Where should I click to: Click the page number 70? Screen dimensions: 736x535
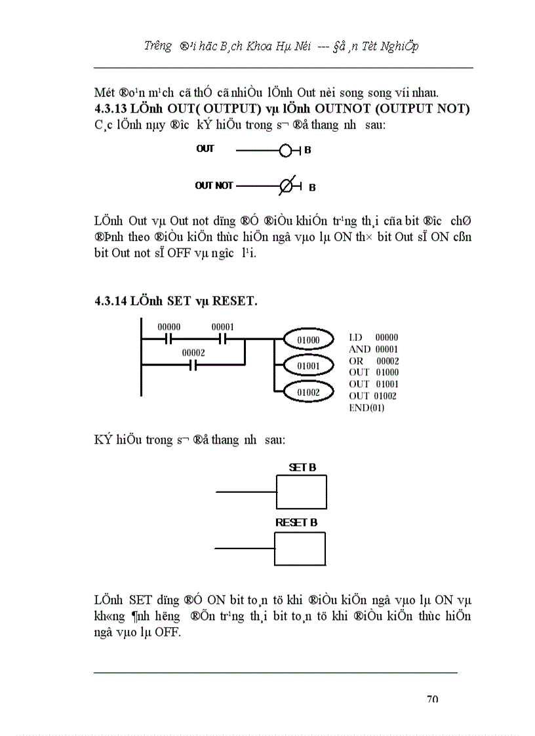pyautogui.click(x=432, y=699)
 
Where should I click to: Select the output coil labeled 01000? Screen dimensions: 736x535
pyautogui.click(x=308, y=339)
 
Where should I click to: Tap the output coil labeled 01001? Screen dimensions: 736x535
pyautogui.click(x=308, y=364)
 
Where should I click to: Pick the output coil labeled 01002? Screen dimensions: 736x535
pyautogui.click(x=308, y=391)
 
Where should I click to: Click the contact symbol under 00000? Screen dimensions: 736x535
pyautogui.click(x=168, y=339)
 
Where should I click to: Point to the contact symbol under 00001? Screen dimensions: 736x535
pyautogui.click(x=222, y=339)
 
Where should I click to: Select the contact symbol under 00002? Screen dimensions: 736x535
pyautogui.click(x=193, y=365)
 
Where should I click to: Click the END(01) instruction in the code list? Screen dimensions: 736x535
pyautogui.click(x=367, y=408)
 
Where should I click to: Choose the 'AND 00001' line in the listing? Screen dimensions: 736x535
pyautogui.click(x=373, y=349)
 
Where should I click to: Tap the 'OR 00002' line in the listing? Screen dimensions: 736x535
pyautogui.click(x=373, y=361)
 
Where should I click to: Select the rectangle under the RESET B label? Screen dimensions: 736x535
pyautogui.click(x=300, y=549)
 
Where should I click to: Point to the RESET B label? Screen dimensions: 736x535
pyautogui.click(x=296, y=522)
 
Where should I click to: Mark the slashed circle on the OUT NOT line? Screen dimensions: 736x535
pyautogui.click(x=285, y=186)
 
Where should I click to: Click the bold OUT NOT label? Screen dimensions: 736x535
pyautogui.click(x=214, y=186)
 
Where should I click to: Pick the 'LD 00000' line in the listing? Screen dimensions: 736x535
pyautogui.click(x=373, y=338)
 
